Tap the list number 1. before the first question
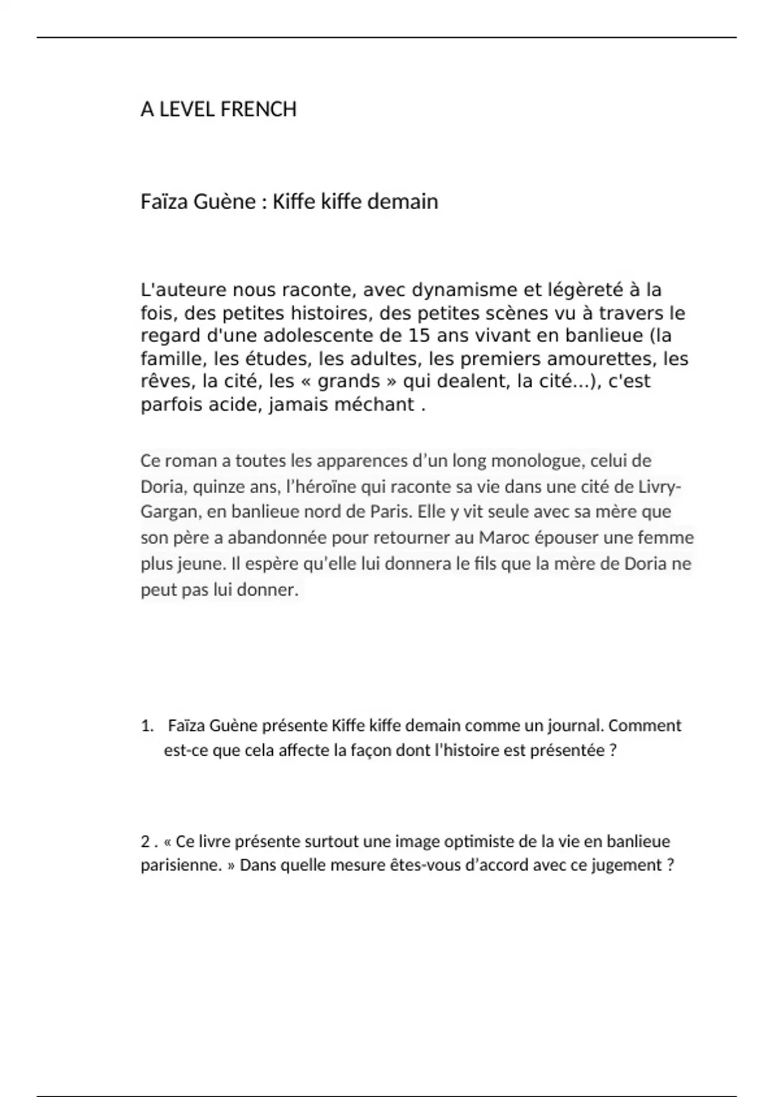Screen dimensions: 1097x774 pos(147,726)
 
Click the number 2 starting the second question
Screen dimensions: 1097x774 pos(145,842)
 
